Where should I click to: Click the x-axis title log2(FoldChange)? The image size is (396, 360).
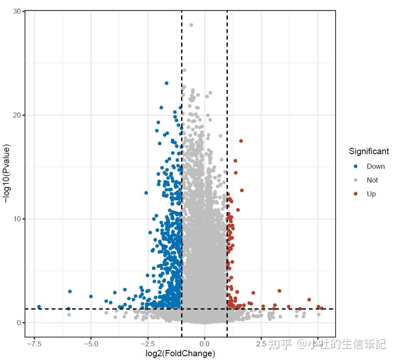click(180, 354)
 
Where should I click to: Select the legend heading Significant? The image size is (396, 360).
click(369, 151)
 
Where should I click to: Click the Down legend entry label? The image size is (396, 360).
click(376, 166)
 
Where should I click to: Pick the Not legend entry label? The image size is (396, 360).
click(372, 180)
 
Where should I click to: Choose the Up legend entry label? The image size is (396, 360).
click(371, 194)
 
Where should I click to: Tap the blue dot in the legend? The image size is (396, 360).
click(356, 166)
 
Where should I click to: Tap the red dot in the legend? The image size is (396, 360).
click(356, 194)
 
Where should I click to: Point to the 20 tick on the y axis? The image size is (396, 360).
click(17, 115)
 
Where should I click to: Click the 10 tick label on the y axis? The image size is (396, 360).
click(17, 219)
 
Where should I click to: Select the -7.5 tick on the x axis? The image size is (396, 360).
click(34, 344)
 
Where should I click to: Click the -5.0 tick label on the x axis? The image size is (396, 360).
click(91, 344)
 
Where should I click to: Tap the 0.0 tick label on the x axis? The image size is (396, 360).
click(204, 344)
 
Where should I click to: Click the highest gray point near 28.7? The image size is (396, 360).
click(191, 25)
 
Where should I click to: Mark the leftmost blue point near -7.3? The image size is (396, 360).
click(39, 307)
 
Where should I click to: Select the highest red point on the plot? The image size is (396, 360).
click(241, 141)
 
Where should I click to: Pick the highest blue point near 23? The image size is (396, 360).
click(167, 83)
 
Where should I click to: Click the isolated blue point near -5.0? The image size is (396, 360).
click(91, 296)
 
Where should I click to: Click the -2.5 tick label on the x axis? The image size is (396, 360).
click(147, 344)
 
